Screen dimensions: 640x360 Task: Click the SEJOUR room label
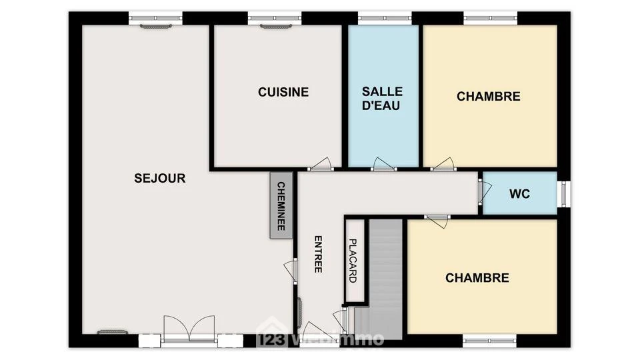160,179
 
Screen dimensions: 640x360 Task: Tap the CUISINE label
283,92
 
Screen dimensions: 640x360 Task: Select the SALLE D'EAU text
382,99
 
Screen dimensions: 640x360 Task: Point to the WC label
519,193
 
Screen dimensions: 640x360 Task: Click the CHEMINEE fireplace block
281,205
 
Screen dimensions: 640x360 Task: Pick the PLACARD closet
354,261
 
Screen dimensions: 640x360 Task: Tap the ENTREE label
318,254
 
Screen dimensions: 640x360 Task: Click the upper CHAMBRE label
489,97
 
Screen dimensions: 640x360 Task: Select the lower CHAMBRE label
477,278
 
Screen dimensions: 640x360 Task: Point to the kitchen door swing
321,164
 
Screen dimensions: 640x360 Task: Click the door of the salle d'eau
383,164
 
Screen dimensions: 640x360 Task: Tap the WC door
485,192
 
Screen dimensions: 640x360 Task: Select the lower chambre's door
437,221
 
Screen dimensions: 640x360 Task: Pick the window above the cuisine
275,18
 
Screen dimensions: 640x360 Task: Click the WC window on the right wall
564,194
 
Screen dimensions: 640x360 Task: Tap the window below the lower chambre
489,340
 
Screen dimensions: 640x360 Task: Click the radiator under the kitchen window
276,27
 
